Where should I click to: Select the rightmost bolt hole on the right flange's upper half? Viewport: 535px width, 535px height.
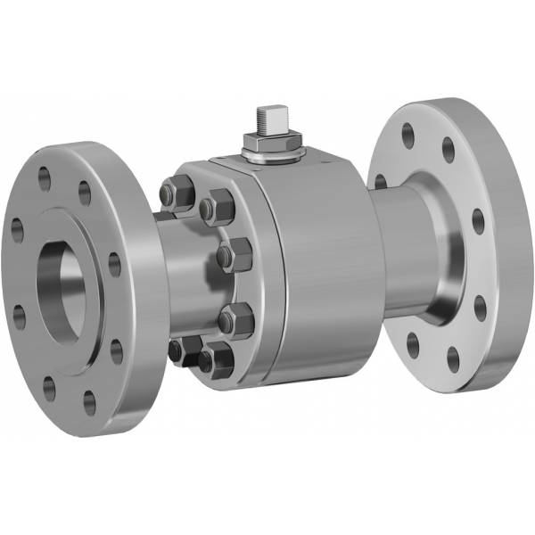[x=478, y=219]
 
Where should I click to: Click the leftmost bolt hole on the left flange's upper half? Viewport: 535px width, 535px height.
[x=17, y=229]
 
